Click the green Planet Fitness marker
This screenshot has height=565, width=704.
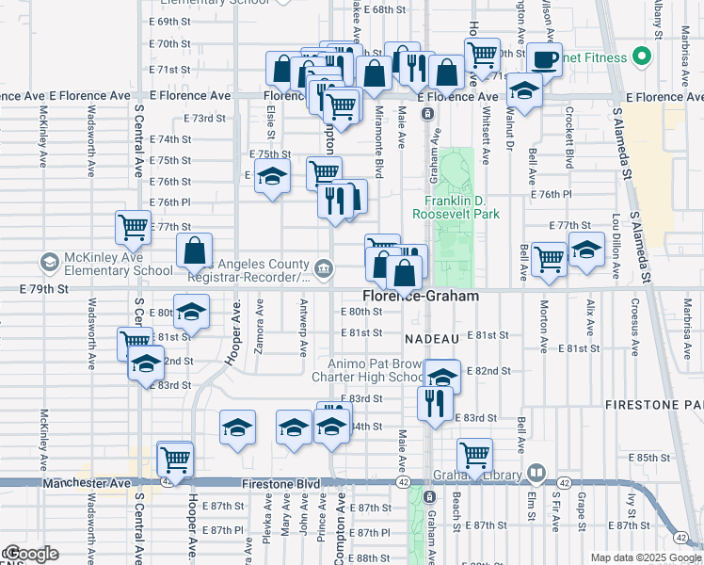click(643, 57)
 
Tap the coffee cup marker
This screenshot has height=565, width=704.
click(544, 59)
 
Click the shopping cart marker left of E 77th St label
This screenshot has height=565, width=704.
click(133, 226)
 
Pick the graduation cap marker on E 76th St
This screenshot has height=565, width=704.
click(273, 177)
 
